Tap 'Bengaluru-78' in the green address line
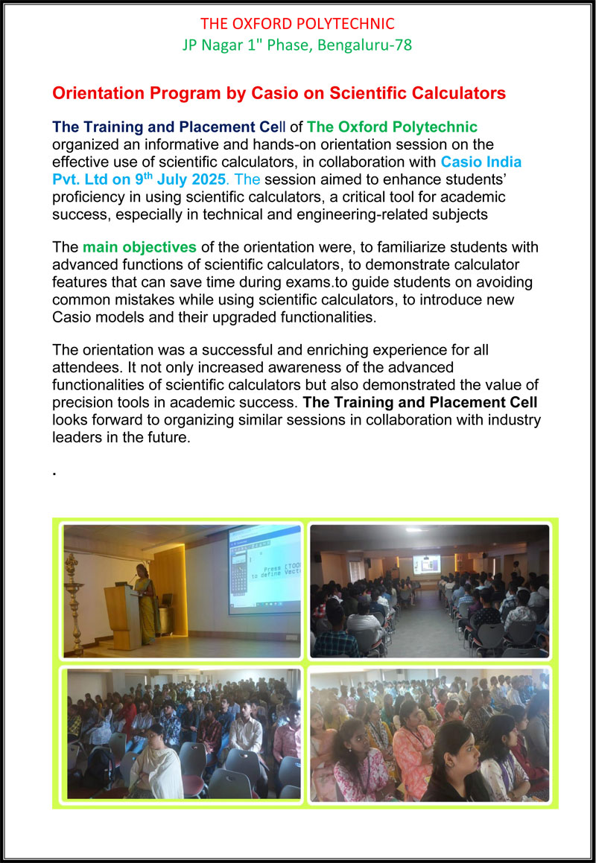[365, 45]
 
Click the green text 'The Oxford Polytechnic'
[392, 127]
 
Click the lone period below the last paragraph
[55, 472]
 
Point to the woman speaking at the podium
[146, 599]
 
